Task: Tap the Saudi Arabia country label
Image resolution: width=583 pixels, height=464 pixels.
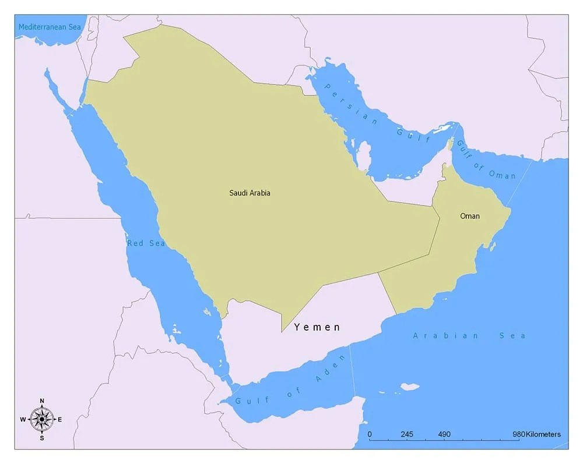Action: [250, 193]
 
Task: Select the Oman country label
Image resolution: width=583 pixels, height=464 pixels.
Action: [470, 216]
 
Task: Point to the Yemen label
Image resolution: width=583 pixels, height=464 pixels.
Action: [317, 327]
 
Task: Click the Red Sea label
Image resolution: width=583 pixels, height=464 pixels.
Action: [146, 243]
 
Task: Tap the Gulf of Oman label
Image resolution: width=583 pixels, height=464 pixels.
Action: [486, 160]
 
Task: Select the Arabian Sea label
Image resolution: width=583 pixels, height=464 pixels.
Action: [469, 336]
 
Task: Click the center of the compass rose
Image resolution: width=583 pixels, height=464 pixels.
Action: [42, 419]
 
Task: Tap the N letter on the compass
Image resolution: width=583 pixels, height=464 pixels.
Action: [42, 401]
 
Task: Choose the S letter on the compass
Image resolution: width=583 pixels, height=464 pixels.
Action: [42, 438]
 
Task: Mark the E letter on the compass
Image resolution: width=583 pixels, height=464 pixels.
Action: [60, 419]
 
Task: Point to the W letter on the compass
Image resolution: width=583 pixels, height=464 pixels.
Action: [23, 419]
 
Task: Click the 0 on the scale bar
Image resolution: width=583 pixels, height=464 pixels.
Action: [370, 434]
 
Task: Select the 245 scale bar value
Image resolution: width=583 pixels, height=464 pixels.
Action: [406, 434]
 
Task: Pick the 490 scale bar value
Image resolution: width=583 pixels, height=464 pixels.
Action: [444, 434]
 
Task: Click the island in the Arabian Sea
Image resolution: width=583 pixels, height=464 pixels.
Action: [410, 386]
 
